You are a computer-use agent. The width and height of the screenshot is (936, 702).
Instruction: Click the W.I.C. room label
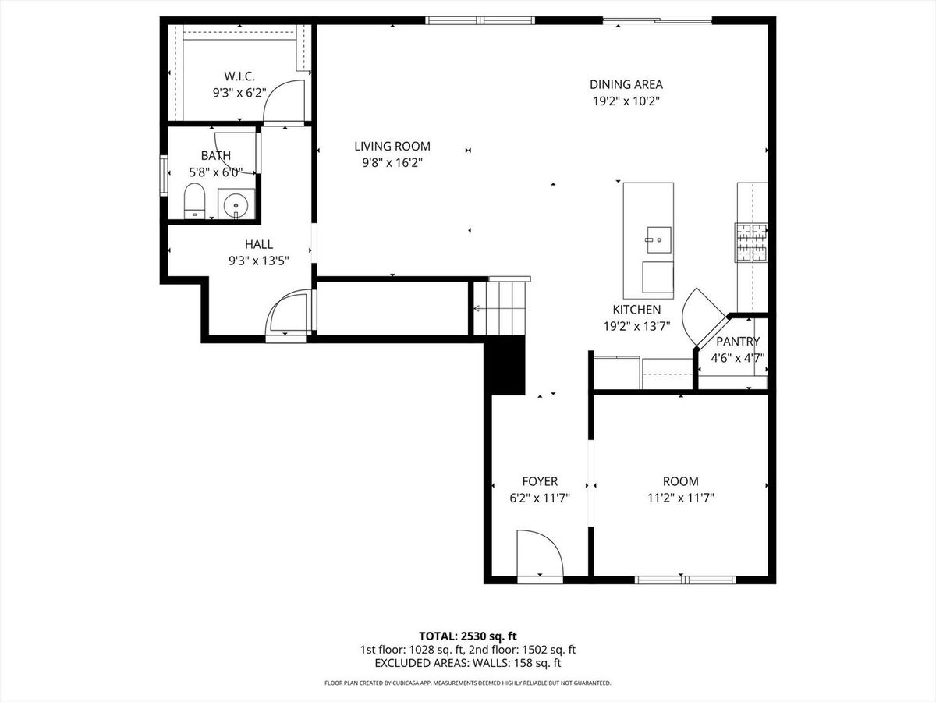(239, 76)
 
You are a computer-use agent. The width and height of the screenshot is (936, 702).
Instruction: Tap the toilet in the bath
(194, 201)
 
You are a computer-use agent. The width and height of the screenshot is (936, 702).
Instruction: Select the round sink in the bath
(236, 205)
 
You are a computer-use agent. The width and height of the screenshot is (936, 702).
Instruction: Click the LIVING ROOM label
(392, 146)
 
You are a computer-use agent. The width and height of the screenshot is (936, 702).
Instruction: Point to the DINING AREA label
(626, 84)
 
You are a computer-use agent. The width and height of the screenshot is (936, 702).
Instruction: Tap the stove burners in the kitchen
(751, 243)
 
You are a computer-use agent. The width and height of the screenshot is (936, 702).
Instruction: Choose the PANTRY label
(738, 342)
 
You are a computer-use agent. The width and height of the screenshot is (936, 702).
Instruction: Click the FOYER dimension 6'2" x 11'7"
(540, 498)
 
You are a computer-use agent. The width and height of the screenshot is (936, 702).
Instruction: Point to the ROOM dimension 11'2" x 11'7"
(681, 498)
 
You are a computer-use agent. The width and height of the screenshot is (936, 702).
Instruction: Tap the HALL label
(259, 244)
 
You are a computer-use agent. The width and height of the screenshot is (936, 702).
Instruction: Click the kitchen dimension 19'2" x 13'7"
(636, 327)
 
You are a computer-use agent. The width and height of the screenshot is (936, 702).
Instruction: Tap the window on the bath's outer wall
(164, 175)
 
